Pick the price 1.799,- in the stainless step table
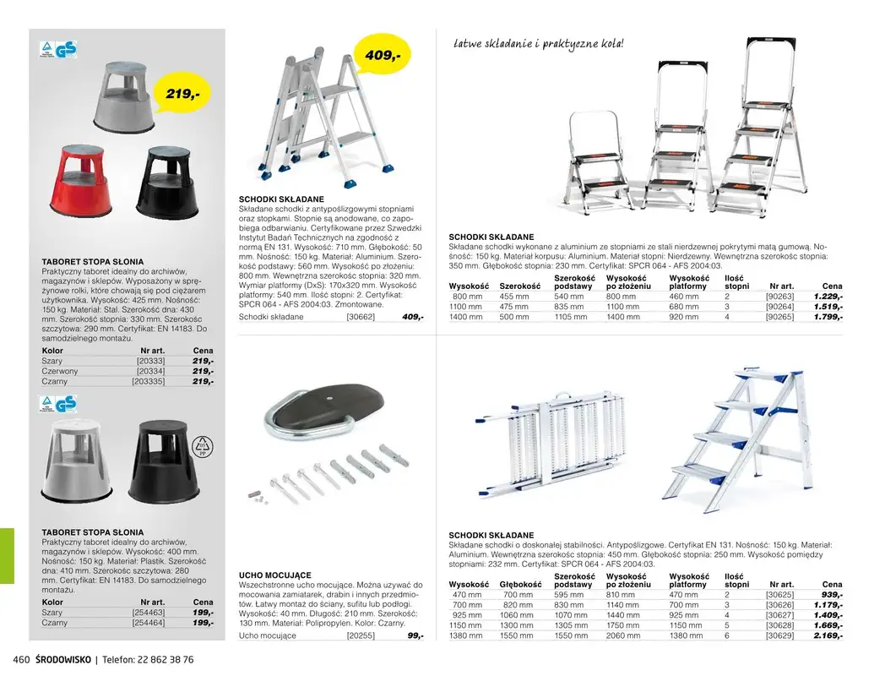pos(828,317)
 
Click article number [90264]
pos(779,307)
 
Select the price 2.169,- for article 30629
pos(828,635)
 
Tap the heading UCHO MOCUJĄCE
pos(275,575)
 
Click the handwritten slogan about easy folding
pos(538,42)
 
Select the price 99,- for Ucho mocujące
pos(415,635)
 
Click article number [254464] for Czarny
pos(149,623)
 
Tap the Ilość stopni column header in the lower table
pos(736,580)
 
